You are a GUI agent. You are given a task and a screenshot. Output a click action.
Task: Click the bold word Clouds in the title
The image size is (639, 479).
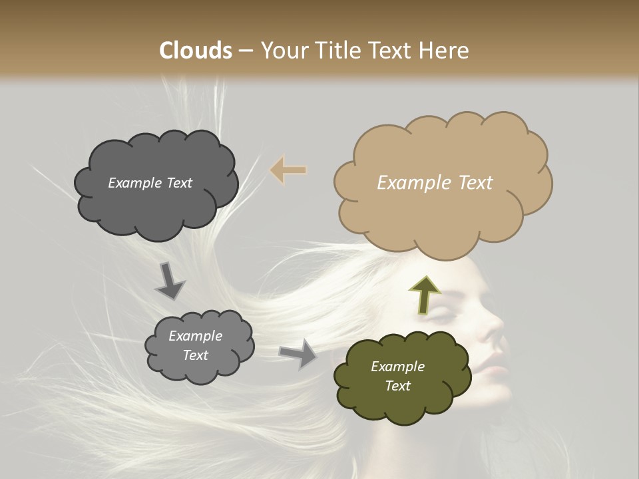click(x=196, y=51)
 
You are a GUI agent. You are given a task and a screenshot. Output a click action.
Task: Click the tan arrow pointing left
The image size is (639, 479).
click(x=288, y=170)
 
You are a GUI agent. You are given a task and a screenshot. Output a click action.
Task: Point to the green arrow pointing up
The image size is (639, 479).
click(x=424, y=295)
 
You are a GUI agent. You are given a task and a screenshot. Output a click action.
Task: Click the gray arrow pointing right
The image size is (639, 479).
click(x=298, y=353)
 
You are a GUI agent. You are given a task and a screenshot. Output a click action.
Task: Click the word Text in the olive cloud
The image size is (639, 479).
click(x=397, y=386)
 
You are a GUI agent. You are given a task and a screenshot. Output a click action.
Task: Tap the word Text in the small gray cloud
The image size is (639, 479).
click(x=196, y=355)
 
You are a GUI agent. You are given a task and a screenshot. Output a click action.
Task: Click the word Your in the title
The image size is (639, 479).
click(x=282, y=51)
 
